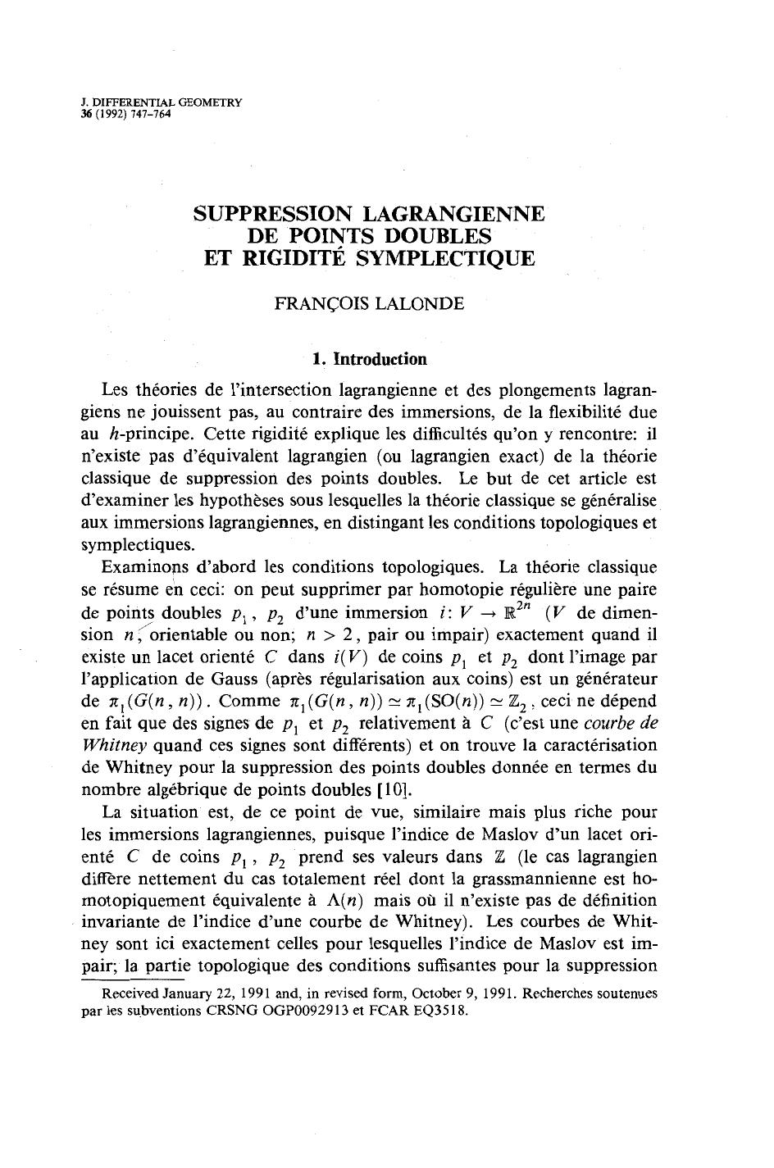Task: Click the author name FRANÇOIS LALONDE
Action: point(369,304)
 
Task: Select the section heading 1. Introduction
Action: point(370,359)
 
